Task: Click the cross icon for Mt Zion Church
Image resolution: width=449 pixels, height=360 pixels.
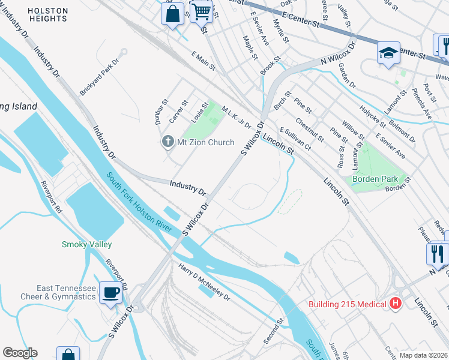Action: pyautogui.click(x=167, y=142)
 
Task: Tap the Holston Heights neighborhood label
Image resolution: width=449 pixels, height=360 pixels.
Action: pyautogui.click(x=47, y=15)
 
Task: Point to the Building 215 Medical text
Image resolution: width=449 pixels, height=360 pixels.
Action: pyautogui.click(x=347, y=304)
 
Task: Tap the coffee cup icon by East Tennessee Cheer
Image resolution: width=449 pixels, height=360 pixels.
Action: pyautogui.click(x=110, y=292)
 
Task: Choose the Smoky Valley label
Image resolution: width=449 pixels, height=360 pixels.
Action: pyautogui.click(x=86, y=244)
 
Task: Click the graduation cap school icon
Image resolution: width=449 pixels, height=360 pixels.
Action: pyautogui.click(x=388, y=52)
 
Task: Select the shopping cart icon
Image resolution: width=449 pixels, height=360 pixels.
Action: pyautogui.click(x=202, y=11)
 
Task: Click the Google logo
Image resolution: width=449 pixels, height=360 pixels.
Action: pyautogui.click(x=19, y=353)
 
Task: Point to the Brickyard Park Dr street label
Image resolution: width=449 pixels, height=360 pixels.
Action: pyautogui.click(x=100, y=77)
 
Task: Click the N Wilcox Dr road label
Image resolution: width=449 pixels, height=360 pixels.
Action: pyautogui.click(x=338, y=53)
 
